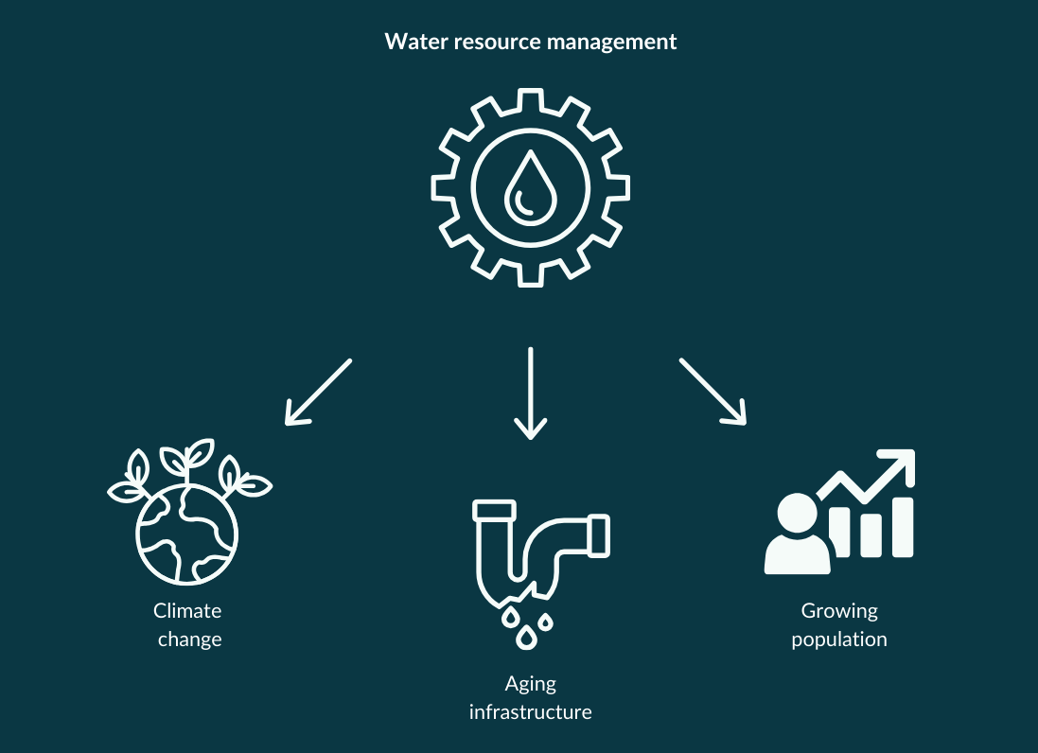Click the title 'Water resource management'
pos(530,43)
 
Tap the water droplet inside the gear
pos(530,186)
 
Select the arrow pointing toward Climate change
pos(318,391)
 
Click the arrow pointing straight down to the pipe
pos(530,393)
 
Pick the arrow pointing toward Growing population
pos(713,390)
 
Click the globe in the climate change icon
pos(187,534)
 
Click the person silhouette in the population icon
pos(797,535)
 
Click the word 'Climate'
pos(187,611)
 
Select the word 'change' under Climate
pos(189,639)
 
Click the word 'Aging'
pos(530,683)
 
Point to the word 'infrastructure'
pos(530,711)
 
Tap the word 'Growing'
pos(839,611)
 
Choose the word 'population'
pos(839,639)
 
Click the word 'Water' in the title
pos(409,43)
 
